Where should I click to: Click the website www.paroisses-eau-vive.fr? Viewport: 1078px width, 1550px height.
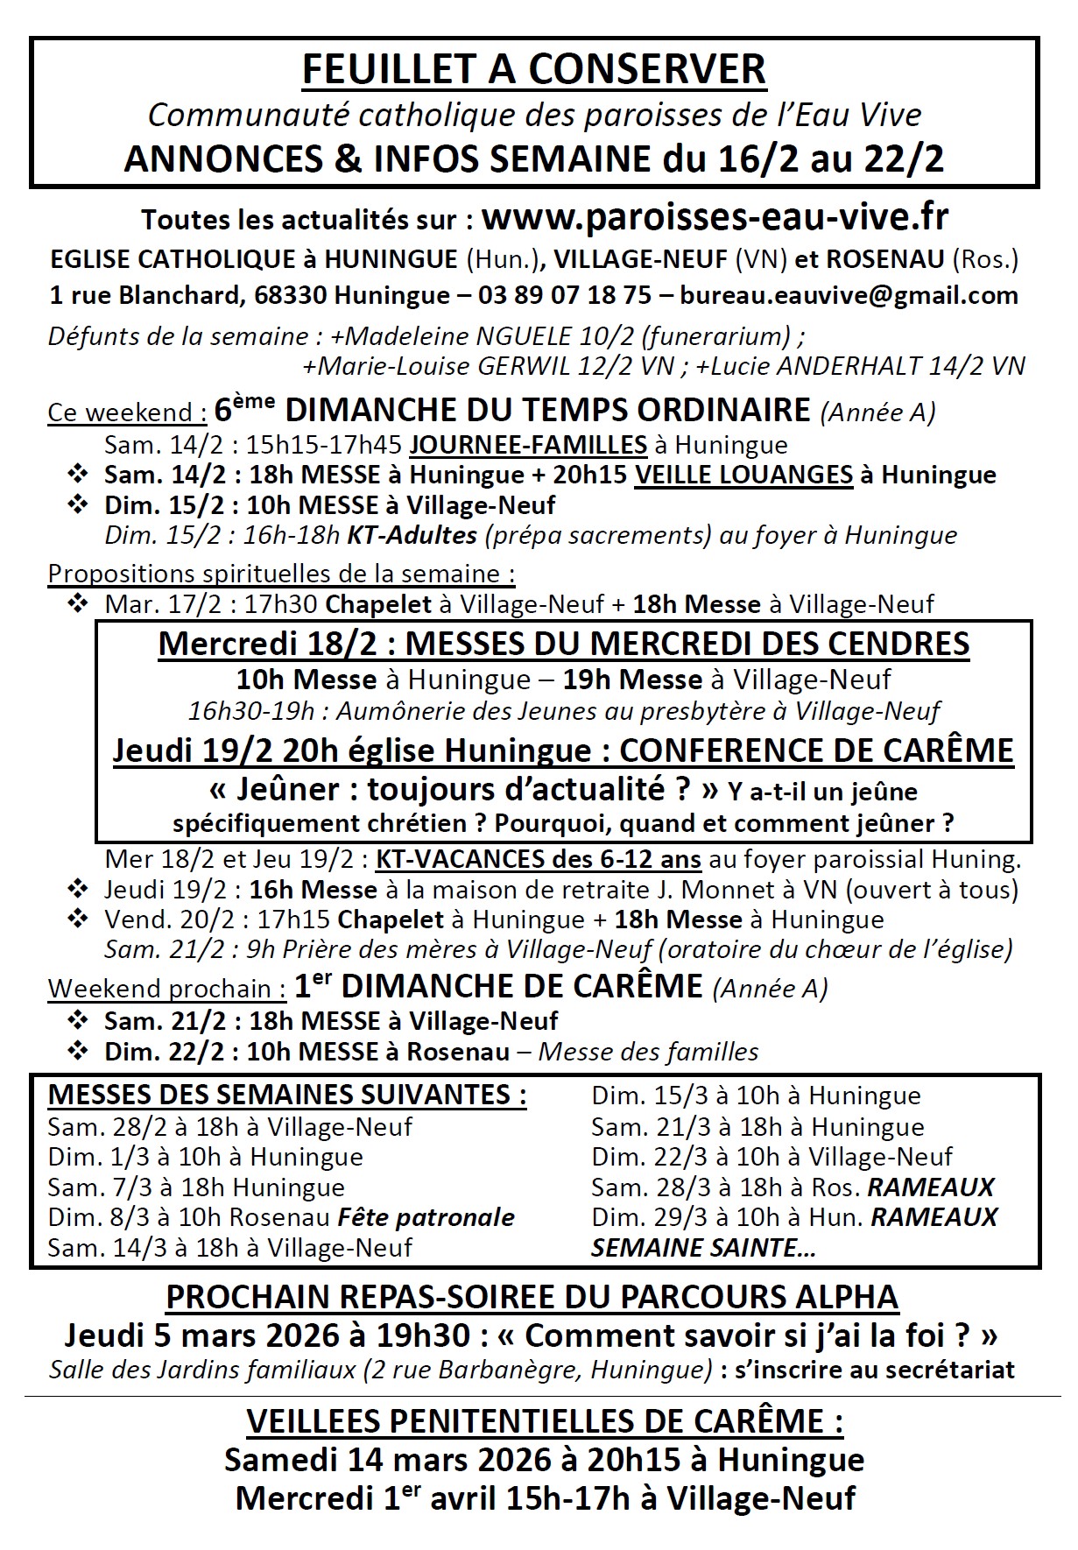point(715,217)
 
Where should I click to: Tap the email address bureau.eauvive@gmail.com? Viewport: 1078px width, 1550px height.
point(849,295)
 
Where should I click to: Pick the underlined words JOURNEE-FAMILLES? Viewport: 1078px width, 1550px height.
point(528,445)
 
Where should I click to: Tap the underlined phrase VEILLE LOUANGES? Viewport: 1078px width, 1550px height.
point(743,475)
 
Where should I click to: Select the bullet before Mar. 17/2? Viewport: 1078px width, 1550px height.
point(78,603)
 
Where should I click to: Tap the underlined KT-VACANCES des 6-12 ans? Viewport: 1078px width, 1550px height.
point(538,859)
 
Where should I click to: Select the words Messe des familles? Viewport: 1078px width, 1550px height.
point(648,1051)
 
